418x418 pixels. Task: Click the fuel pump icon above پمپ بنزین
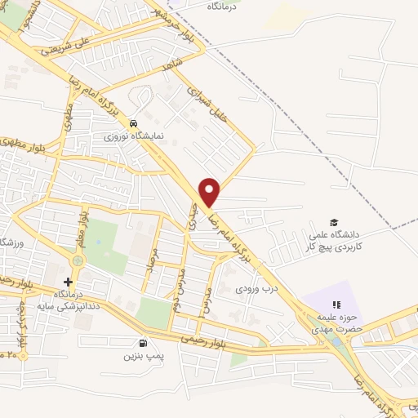point(145,344)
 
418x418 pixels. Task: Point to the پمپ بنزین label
point(140,356)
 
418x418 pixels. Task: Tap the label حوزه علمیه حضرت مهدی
point(335,324)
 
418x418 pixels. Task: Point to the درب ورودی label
point(258,288)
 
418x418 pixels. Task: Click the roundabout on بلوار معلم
point(78,260)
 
